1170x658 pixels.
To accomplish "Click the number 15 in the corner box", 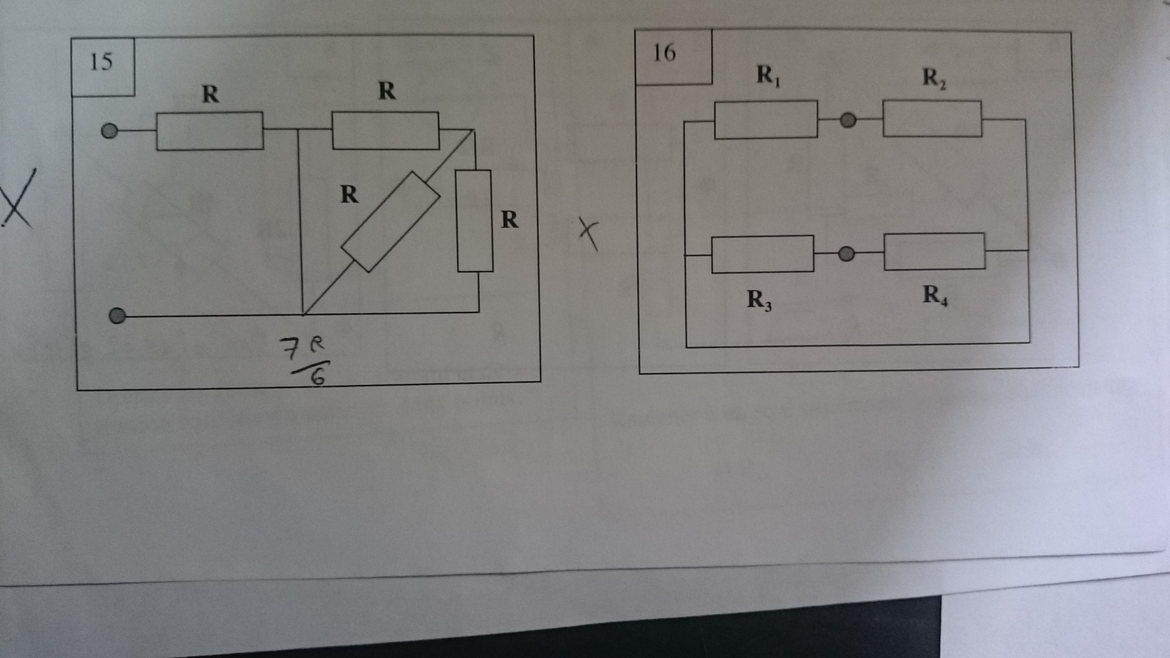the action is (x=101, y=62).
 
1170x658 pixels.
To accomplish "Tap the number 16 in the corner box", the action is (x=664, y=53).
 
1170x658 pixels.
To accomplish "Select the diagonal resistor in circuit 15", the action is (x=391, y=222).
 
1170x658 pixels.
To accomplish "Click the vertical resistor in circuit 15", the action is (x=475, y=221).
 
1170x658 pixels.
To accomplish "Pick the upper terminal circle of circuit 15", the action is (x=110, y=131).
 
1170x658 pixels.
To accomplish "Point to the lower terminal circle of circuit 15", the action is (x=117, y=316).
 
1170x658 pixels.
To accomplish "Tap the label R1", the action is (x=768, y=75).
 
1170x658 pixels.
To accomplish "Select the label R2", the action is (x=934, y=77).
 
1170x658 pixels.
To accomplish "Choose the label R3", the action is (x=759, y=299).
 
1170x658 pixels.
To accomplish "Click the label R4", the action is (x=935, y=295).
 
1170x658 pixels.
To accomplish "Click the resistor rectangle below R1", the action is (x=766, y=120).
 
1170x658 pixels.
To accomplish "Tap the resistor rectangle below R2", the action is (x=932, y=119).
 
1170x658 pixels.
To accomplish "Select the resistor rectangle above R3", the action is (x=763, y=254).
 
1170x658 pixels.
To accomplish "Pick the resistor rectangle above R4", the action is (x=934, y=251).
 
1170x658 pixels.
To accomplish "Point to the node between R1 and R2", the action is (x=848, y=121).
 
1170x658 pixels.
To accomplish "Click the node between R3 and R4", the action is (x=846, y=253).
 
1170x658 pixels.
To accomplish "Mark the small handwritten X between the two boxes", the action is (x=589, y=234).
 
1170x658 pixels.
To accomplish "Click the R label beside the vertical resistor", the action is (x=509, y=219).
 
